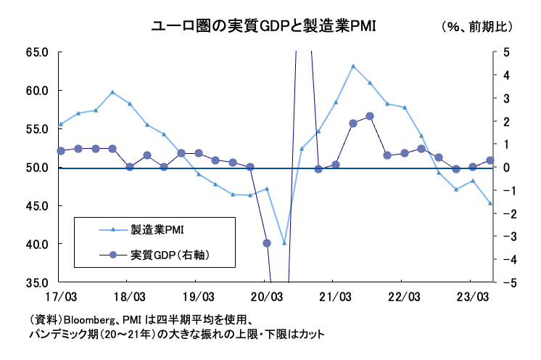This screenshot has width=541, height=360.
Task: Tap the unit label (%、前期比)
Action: pos(476,28)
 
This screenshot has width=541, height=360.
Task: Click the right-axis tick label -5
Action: pos(505,282)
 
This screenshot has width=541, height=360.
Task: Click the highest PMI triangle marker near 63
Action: pos(353,66)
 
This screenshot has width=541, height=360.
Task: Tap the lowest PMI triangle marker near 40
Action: pos(284,243)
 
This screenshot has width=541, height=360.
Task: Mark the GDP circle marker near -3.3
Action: pos(267,243)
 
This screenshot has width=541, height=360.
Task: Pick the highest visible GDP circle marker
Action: pos(370,116)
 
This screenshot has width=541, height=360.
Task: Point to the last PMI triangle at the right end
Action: pos(490,203)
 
